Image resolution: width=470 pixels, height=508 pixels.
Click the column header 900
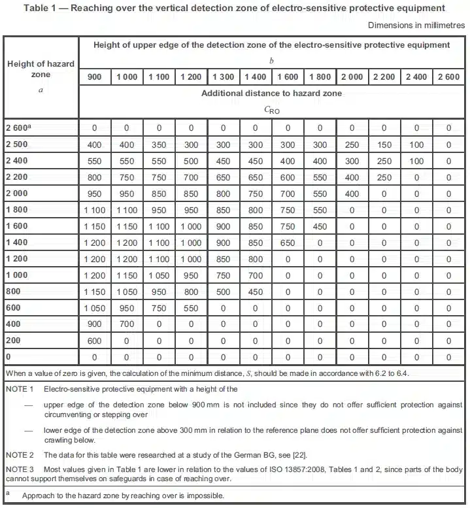[95, 77]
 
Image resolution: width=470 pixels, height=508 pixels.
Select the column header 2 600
[448, 77]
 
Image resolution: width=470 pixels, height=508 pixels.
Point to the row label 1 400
[18, 243]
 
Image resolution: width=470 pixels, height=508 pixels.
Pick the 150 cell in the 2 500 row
[384, 144]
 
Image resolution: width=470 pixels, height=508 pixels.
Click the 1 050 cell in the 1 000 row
[159, 276]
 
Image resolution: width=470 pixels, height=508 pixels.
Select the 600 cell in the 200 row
[95, 341]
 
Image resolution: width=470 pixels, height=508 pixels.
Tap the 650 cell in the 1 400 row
[288, 243]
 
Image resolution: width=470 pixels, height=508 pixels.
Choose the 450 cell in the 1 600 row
[320, 226]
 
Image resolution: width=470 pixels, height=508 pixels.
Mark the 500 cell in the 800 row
[224, 292]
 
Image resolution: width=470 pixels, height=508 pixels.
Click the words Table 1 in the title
[42, 8]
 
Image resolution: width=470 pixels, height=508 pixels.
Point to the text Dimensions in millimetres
[416, 25]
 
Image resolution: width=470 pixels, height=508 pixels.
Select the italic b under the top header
[271, 61]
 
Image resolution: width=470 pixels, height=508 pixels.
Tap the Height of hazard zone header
[41, 69]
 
